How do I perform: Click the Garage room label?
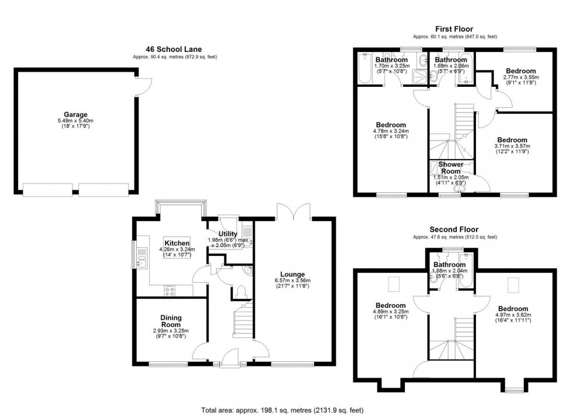[x=76, y=114]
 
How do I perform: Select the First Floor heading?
[x=453, y=29]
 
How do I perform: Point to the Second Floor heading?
[x=453, y=230]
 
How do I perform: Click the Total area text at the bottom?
[x=284, y=409]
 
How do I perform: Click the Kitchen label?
[x=177, y=243]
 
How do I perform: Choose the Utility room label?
[x=228, y=234]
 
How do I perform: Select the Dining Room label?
[x=171, y=321]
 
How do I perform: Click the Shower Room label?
[x=451, y=168]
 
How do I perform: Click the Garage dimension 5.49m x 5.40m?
[x=76, y=121]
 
